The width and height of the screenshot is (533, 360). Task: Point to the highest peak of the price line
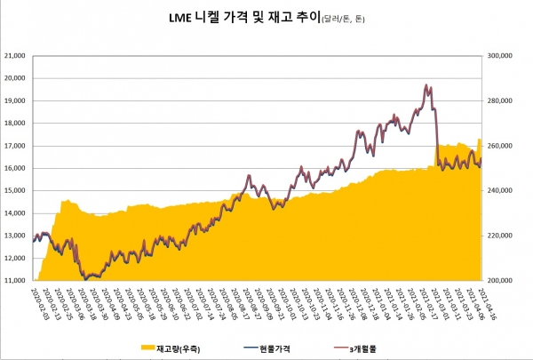pos(427,85)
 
